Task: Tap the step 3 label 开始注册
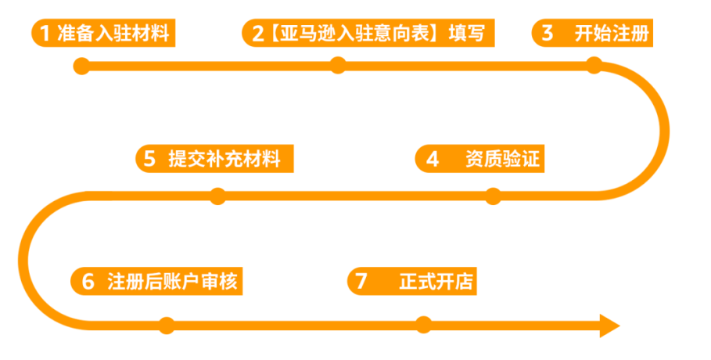coord(611,34)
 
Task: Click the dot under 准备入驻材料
coord(81,66)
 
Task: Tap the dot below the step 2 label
coord(337,65)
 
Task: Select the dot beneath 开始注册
coord(594,65)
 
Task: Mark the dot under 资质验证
coord(493,196)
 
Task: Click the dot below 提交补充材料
coord(217,196)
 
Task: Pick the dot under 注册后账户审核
coord(166,325)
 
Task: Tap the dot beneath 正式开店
coord(423,325)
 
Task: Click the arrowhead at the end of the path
coord(609,325)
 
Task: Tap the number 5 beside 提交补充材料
coord(149,159)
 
